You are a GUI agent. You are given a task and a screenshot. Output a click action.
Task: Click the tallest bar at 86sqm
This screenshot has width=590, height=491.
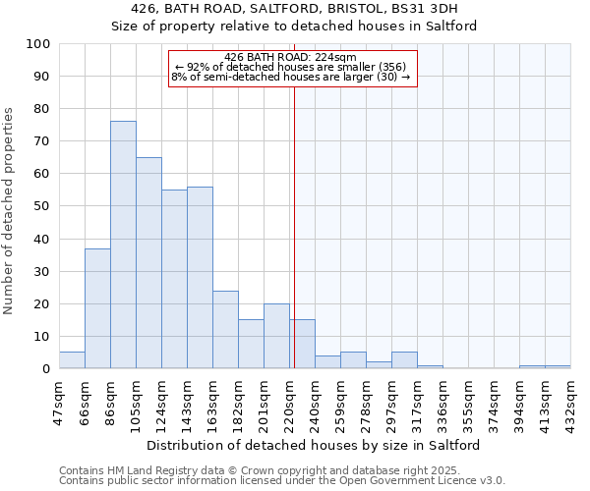[x=123, y=245]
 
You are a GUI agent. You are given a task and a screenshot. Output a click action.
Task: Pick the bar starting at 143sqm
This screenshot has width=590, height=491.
[x=200, y=278]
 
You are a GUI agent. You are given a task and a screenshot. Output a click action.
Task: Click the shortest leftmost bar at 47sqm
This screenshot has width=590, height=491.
[x=72, y=360]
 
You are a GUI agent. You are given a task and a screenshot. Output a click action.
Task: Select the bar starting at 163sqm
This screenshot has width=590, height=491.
[x=225, y=330]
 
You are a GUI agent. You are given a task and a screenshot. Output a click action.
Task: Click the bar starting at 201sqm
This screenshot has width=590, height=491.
[x=276, y=337]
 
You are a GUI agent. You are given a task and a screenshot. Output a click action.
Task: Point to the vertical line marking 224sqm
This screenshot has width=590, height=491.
[x=294, y=226]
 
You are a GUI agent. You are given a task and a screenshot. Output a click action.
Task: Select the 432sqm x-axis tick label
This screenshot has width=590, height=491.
[x=571, y=401]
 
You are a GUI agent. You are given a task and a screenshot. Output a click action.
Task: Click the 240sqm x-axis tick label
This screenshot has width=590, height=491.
[x=316, y=401]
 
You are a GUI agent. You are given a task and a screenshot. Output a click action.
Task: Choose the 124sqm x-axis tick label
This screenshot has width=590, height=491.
[x=162, y=401]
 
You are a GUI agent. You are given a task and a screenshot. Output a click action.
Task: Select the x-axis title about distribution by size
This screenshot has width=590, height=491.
[x=314, y=445]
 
